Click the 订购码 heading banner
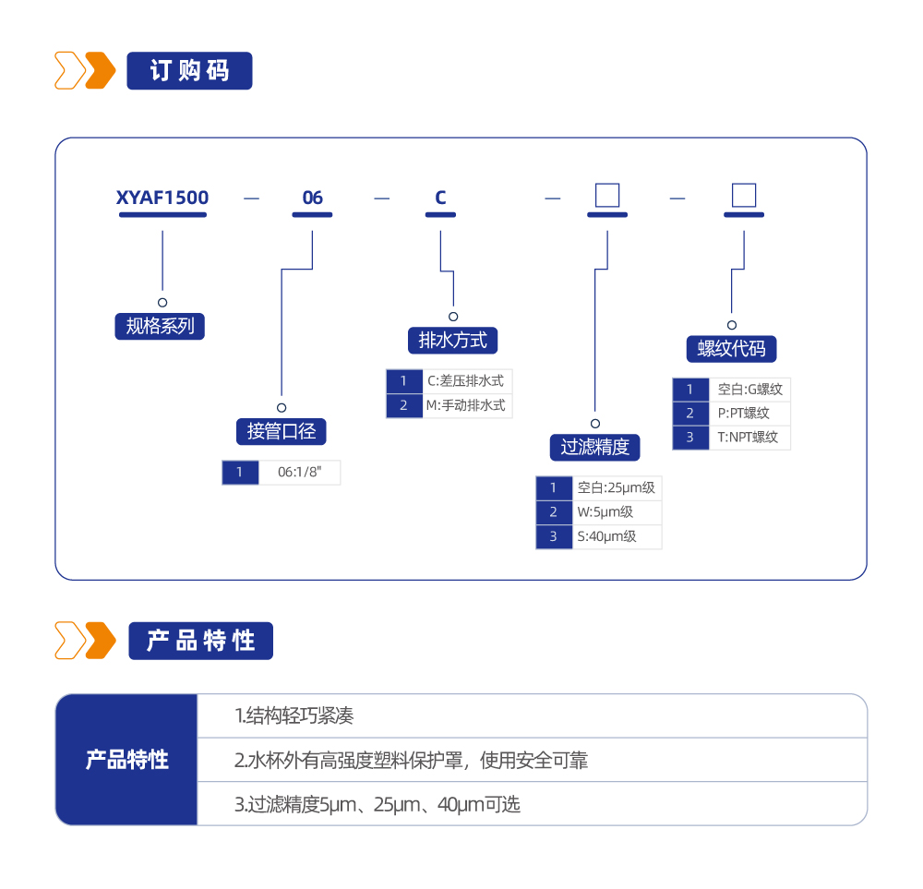click(x=189, y=71)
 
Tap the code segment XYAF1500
click(x=162, y=198)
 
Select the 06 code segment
click(x=313, y=198)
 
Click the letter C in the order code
click(x=440, y=198)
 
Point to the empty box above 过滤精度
click(x=606, y=196)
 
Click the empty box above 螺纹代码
click(x=743, y=196)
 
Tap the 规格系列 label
click(x=160, y=326)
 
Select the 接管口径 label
click(x=281, y=431)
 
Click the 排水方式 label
click(x=452, y=340)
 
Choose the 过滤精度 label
click(x=594, y=447)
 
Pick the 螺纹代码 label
click(x=731, y=349)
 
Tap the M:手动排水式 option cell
click(x=465, y=405)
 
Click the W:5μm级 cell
click(x=616, y=512)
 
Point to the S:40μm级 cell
click(x=616, y=536)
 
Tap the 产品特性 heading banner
click(x=199, y=641)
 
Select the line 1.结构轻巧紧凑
click(x=294, y=715)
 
